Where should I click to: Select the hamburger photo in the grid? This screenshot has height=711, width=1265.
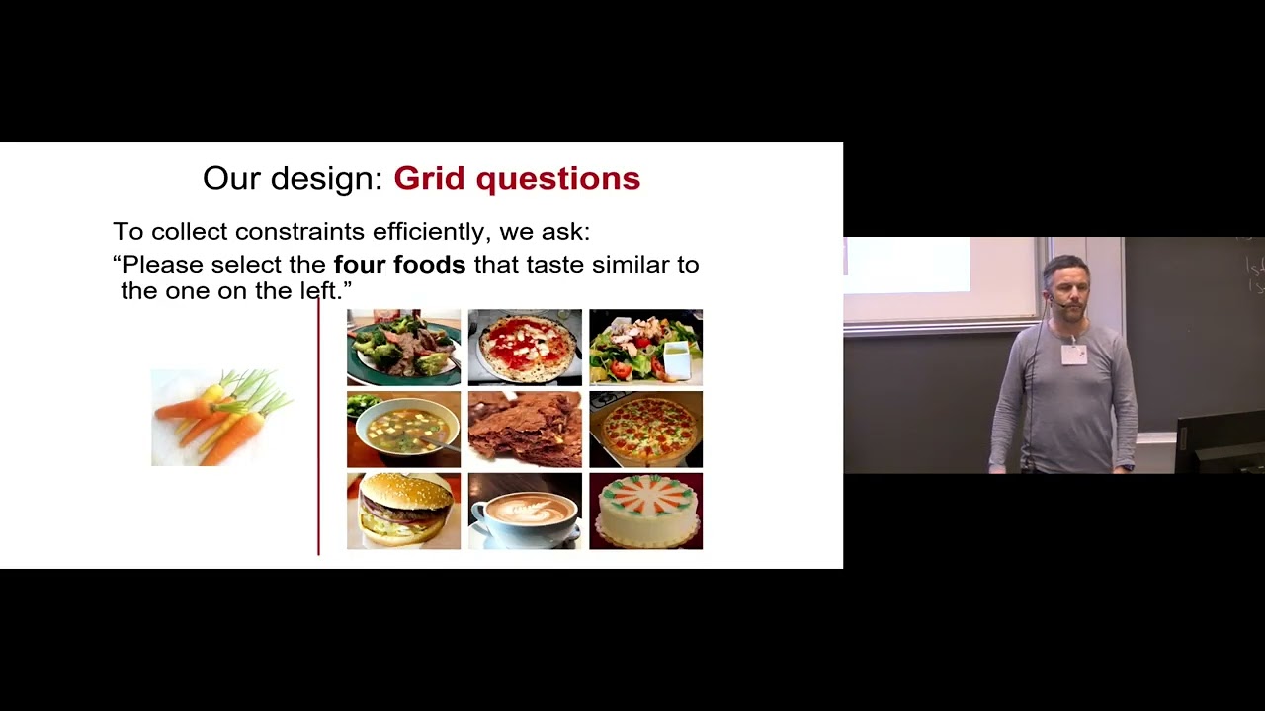coord(403,511)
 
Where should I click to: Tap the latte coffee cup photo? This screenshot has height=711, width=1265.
coord(525,511)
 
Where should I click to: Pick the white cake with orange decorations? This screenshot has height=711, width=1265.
coord(645,511)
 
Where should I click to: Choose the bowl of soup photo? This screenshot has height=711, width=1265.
coord(403,429)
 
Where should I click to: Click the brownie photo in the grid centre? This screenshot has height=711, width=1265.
coord(525,429)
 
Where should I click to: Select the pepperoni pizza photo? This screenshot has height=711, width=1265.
coord(645,429)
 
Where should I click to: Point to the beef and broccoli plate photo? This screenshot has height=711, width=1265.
coord(403,347)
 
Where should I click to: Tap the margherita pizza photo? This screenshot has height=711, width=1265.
coord(525,347)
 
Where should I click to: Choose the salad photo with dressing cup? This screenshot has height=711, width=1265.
coord(645,347)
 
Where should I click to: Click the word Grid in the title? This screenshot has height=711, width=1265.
coord(430,179)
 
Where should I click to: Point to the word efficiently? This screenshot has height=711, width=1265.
coord(430,232)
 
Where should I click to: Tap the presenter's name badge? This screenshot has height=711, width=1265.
coord(1074,354)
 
